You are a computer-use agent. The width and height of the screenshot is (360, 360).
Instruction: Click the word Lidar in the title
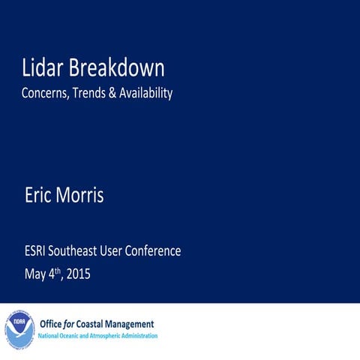click(x=43, y=68)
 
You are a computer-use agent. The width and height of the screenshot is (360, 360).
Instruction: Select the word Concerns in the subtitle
click(x=45, y=94)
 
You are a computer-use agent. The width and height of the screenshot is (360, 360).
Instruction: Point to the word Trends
click(x=92, y=94)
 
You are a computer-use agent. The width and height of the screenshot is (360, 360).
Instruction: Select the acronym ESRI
click(x=35, y=250)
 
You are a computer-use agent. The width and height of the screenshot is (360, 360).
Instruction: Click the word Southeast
click(x=77, y=250)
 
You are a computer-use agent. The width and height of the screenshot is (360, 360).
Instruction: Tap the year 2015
click(x=78, y=274)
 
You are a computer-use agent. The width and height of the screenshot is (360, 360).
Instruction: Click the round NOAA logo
click(x=20, y=330)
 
